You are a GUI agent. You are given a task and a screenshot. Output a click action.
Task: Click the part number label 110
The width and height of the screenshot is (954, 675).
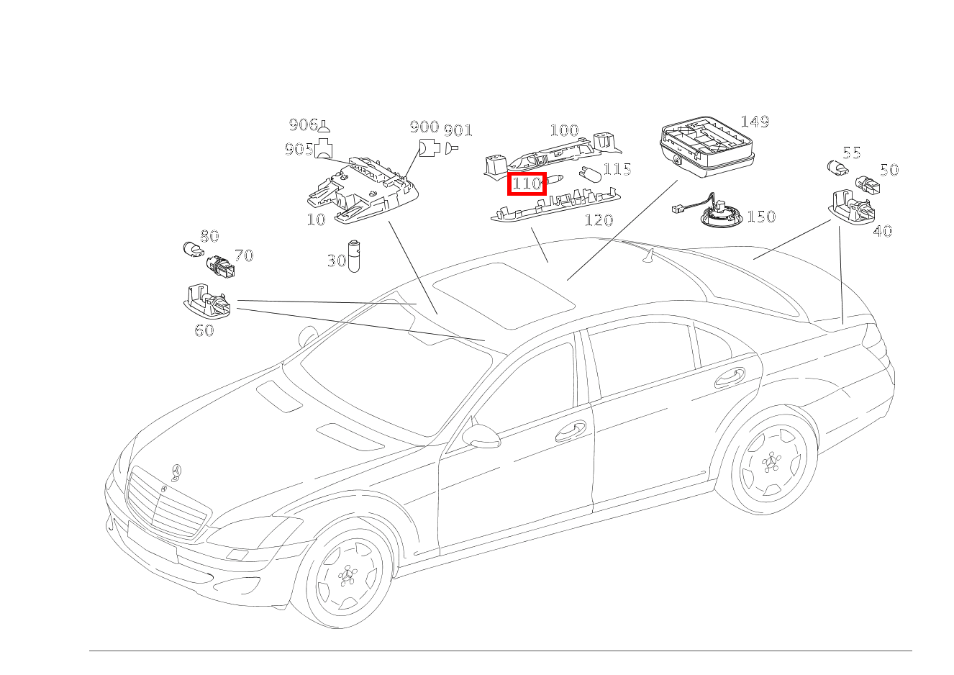click(527, 184)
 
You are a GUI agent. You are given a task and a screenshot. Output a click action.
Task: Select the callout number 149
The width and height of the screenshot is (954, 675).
click(754, 122)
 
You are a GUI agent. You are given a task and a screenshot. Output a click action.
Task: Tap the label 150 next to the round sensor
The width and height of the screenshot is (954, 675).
click(761, 217)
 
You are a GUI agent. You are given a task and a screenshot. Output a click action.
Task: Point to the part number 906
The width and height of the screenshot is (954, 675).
click(302, 125)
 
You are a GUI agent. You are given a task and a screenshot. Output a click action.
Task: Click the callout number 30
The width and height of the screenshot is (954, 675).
click(336, 261)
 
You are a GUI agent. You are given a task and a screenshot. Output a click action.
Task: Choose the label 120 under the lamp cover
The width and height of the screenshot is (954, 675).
click(598, 220)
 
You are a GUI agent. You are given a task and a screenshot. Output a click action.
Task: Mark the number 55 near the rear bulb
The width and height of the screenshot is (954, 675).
click(852, 153)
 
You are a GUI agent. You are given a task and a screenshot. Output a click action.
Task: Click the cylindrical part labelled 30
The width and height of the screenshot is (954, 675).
click(354, 255)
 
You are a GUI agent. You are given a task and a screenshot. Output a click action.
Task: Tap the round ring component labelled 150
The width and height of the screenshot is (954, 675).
click(722, 214)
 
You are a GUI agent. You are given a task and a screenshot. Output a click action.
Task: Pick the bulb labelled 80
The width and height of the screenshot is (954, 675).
click(192, 251)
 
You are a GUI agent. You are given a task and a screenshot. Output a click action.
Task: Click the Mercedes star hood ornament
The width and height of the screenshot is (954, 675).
click(175, 472)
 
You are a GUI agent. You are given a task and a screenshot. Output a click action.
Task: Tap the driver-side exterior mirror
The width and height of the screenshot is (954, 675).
click(481, 435)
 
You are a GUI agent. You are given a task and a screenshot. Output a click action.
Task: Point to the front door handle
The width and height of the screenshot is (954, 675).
click(571, 431)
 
